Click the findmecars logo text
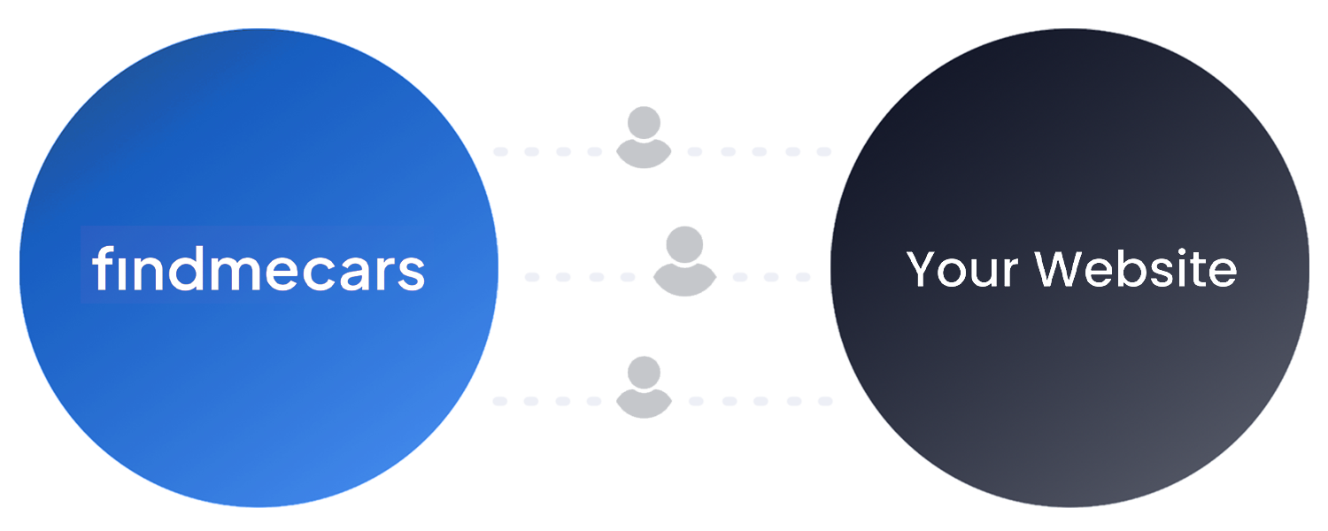click(258, 269)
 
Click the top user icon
click(644, 138)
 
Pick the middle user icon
click(684, 262)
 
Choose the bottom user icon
click(644, 387)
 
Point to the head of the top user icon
click(644, 122)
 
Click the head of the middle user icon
click(684, 243)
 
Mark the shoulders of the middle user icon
click(684, 280)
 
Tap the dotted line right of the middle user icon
click(770, 277)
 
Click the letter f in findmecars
click(102, 269)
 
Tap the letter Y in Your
click(923, 268)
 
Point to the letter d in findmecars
click(184, 269)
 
